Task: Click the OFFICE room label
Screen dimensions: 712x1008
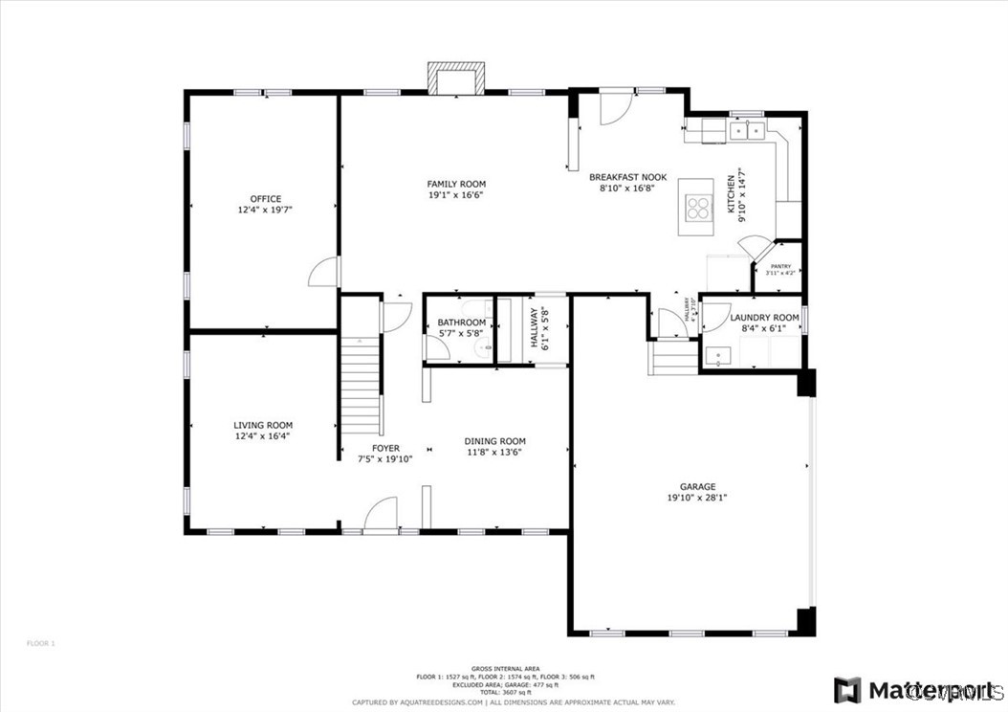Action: pyautogui.click(x=265, y=199)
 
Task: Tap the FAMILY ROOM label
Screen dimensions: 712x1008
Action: pyautogui.click(x=456, y=184)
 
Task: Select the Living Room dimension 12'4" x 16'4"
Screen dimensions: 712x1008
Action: pyautogui.click(x=263, y=435)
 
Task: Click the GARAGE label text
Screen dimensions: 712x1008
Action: pyautogui.click(x=697, y=486)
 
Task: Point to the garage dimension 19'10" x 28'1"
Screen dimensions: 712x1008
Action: pyautogui.click(x=697, y=498)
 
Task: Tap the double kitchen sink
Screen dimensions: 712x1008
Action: pyautogui.click(x=747, y=129)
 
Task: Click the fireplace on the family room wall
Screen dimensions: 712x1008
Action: pyautogui.click(x=456, y=79)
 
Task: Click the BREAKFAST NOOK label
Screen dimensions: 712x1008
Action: pyautogui.click(x=627, y=177)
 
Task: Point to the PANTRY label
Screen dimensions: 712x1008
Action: pyautogui.click(x=780, y=267)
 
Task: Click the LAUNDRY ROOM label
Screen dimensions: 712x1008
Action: pyautogui.click(x=764, y=318)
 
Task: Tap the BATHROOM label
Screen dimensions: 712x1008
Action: pyautogui.click(x=462, y=323)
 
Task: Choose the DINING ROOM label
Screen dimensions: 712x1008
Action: pyautogui.click(x=494, y=441)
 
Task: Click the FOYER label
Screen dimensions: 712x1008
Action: pyautogui.click(x=385, y=448)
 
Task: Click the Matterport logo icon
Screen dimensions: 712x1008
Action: pyautogui.click(x=846, y=690)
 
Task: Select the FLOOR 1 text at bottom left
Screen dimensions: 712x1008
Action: pyautogui.click(x=41, y=643)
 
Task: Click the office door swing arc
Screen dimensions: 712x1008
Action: pyautogui.click(x=323, y=273)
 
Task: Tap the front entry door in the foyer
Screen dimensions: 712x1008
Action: pyautogui.click(x=381, y=513)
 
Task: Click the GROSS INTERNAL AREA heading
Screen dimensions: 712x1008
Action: pyautogui.click(x=505, y=668)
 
